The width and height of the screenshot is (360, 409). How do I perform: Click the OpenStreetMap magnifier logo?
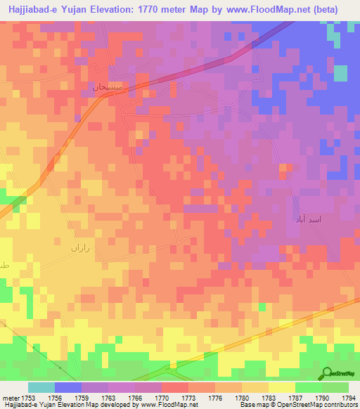[326, 372]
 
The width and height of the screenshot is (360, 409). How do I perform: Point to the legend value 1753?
[27, 398]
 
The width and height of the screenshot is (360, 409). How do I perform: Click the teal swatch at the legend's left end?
[41, 387]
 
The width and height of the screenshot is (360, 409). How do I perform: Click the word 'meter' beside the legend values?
[9, 398]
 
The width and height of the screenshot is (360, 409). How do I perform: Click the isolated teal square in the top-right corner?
[341, 73]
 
